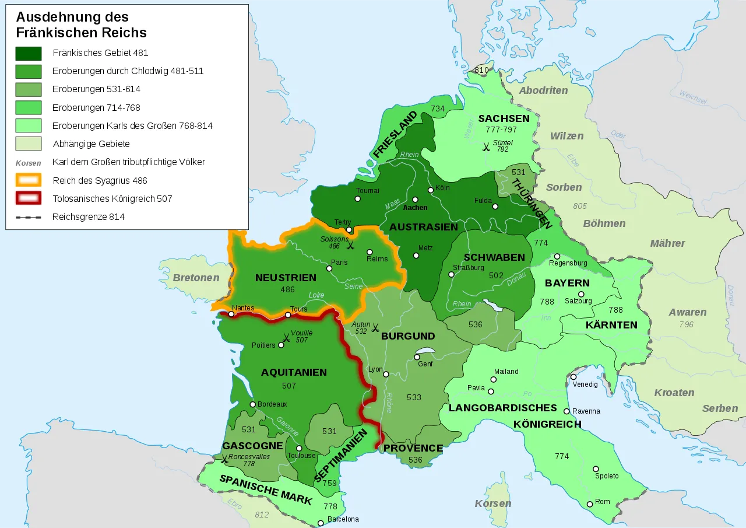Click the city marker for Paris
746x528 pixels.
pos(329,269)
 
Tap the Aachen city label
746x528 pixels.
pos(415,208)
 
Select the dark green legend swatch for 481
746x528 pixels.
pos(29,53)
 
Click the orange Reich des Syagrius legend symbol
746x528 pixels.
pos(29,180)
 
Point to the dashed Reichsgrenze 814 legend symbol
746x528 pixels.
pos(29,217)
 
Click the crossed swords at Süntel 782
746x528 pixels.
pos(485,148)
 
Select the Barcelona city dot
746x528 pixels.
pos(320,523)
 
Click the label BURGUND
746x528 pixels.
pos(408,336)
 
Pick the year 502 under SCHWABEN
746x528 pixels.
pos(496,275)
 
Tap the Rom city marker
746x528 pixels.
pos(590,504)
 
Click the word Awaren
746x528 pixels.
pos(688,312)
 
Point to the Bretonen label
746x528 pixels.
pos(196,278)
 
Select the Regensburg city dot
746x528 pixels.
pos(557,256)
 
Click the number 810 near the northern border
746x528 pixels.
pos(481,70)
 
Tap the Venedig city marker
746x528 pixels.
pos(573,377)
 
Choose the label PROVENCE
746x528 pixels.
pos(413,448)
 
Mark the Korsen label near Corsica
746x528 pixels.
pos(492,503)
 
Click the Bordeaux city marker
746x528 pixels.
pos(252,404)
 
